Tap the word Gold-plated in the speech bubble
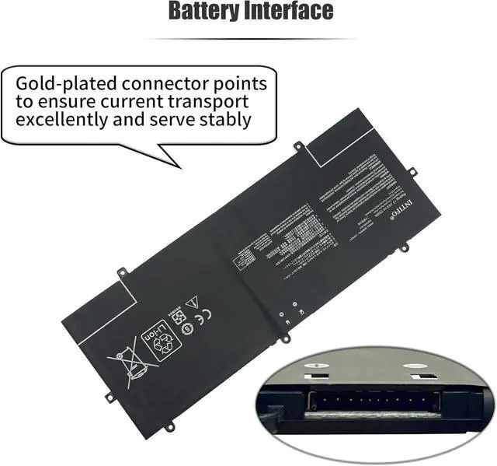pyautogui.click(x=62, y=83)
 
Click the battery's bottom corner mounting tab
pyautogui.click(x=170, y=425)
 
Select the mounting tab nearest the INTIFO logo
pyautogui.click(x=412, y=172)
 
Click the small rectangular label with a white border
pyautogui.click(x=248, y=261)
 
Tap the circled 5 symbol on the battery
pyautogui.click(x=186, y=328)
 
